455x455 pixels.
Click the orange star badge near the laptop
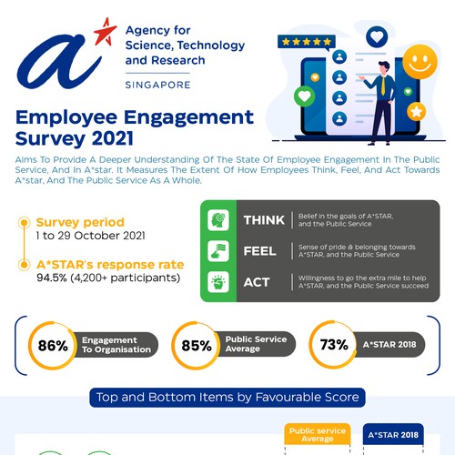click(417, 111)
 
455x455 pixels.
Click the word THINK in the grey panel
click(265, 220)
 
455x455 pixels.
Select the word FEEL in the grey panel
click(259, 250)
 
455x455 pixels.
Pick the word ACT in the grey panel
click(256, 281)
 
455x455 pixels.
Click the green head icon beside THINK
click(219, 220)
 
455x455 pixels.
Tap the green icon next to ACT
click(219, 282)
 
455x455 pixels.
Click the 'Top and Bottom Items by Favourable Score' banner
click(227, 397)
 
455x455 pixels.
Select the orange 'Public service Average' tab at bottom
click(310, 435)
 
